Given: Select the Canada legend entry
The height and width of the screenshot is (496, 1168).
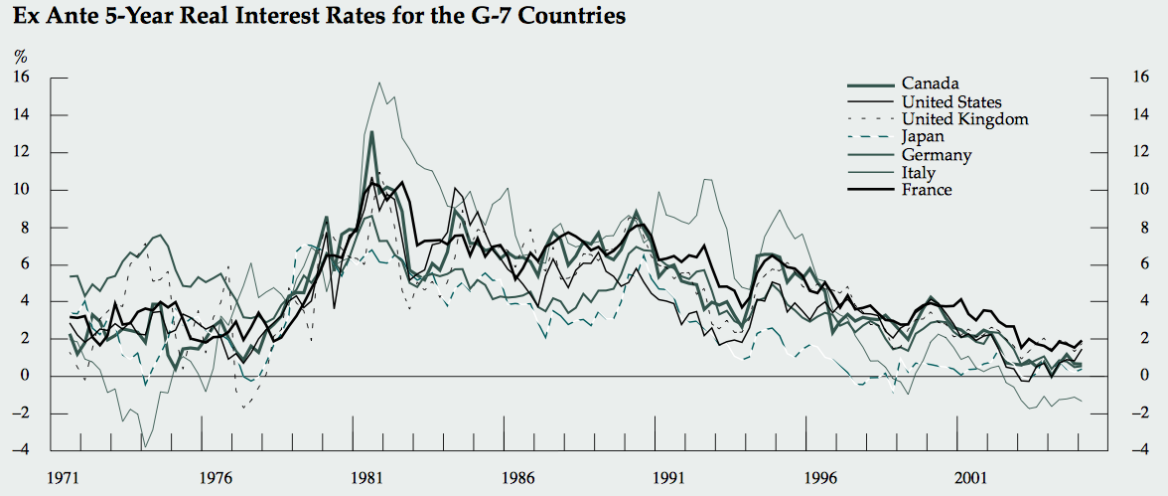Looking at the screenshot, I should pos(930,83).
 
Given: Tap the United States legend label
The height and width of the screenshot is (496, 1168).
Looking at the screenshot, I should pos(951,101).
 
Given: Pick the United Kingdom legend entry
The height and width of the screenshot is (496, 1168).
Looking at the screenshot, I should pos(964,119).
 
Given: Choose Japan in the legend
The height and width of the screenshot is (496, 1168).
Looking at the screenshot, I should pos(923,137).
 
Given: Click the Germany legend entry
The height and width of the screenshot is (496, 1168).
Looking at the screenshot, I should pos(936,155).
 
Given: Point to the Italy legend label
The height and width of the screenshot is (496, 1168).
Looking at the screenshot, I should pos(919,173).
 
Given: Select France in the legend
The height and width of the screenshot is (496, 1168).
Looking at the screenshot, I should pos(927,190).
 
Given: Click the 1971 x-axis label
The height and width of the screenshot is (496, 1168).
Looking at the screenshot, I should pos(65,476).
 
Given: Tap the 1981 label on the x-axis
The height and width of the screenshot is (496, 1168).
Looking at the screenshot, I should pos(366,476).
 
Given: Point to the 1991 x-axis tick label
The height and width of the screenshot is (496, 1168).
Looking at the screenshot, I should pos(668,476).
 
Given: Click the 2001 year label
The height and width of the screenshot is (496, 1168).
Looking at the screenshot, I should pos(970,476).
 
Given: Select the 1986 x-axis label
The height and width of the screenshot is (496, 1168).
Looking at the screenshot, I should pos(517,476).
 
